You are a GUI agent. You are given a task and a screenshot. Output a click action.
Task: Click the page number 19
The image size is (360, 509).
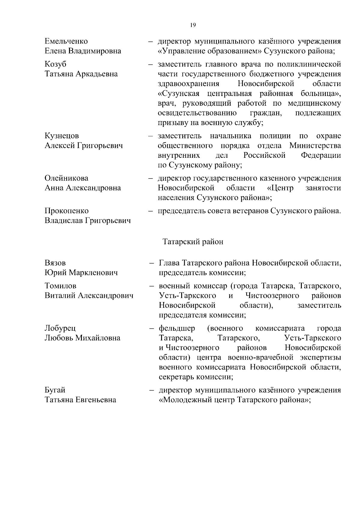tap(193, 25)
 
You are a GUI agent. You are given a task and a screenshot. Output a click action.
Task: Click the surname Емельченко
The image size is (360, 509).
tap(66, 41)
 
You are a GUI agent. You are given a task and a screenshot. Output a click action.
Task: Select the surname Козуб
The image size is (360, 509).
tap(55, 64)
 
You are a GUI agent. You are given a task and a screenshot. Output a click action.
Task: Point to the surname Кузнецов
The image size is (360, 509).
tap(62, 136)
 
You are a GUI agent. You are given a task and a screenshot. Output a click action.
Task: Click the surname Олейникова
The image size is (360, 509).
tap(66, 178)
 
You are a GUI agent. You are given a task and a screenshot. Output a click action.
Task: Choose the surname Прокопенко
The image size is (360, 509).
tap(67, 211)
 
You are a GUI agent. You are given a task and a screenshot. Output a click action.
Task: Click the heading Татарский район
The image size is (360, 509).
tap(193, 242)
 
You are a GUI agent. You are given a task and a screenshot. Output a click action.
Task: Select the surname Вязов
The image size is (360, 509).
tap(55, 263)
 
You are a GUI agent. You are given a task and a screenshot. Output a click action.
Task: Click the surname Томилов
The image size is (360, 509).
tap(60, 286)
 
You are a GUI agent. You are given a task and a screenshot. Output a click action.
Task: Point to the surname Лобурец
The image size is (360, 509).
tap(60, 328)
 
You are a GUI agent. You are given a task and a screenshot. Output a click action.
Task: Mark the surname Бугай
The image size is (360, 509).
tap(55, 390)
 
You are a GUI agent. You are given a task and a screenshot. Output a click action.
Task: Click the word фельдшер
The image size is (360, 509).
tap(177, 328)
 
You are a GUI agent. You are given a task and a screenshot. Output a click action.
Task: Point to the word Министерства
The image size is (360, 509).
tap(315, 146)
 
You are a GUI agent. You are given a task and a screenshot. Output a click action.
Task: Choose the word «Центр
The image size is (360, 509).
tap(280, 188)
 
